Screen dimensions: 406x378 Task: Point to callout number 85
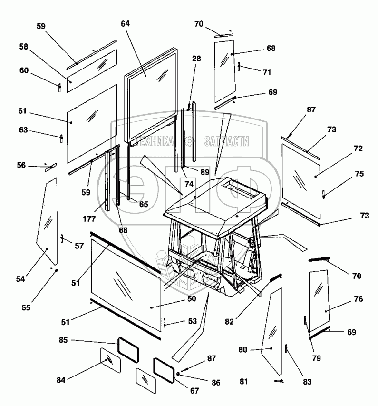pyautogui.click(x=63, y=340)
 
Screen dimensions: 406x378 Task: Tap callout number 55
pyautogui.click(x=26, y=307)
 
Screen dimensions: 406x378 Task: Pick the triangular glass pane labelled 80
pyautogui.click(x=273, y=333)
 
